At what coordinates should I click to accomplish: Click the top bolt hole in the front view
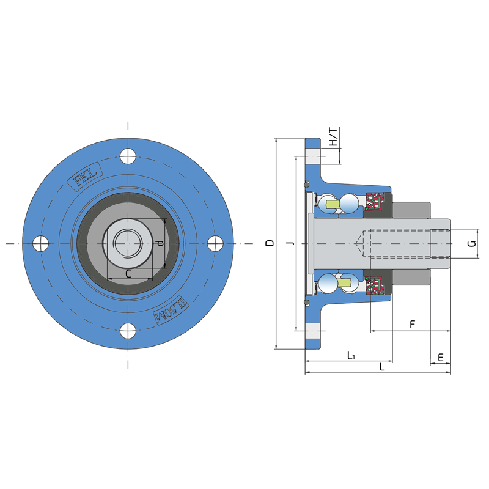click(x=128, y=156)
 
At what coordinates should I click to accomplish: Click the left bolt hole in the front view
click(x=40, y=243)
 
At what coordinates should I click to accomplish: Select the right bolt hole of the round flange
click(x=215, y=243)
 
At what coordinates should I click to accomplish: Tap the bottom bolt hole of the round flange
click(x=128, y=331)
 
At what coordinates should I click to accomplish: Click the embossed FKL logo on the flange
click(x=84, y=176)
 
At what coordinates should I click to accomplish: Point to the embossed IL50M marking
click(x=171, y=311)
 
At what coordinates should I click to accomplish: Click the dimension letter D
click(x=270, y=243)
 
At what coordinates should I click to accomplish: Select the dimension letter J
click(x=291, y=243)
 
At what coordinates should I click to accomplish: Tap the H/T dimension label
click(x=333, y=136)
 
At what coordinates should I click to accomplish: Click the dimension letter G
click(x=472, y=243)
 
